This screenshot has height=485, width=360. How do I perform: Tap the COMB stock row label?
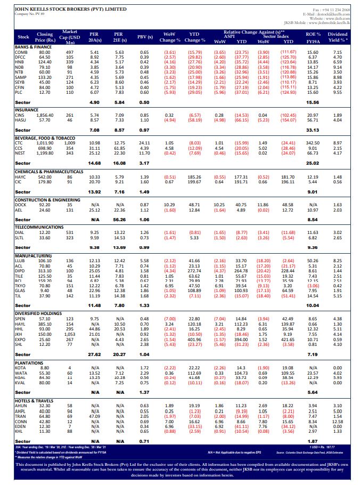click(22, 52)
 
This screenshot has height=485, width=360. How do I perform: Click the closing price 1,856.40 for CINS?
click(45, 115)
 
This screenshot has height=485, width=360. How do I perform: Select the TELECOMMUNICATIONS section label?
click(39, 226)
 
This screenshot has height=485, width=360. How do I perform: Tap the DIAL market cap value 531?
click(70, 233)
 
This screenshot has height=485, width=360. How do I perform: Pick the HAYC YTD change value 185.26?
click(194, 176)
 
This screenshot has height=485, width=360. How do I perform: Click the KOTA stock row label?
click(22, 368)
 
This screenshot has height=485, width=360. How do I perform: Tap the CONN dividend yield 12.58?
click(337, 422)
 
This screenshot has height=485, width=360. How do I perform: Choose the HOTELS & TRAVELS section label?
click(35, 400)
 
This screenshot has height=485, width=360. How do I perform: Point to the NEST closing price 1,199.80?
click(45, 152)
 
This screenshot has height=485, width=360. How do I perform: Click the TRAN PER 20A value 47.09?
click(95, 416)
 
